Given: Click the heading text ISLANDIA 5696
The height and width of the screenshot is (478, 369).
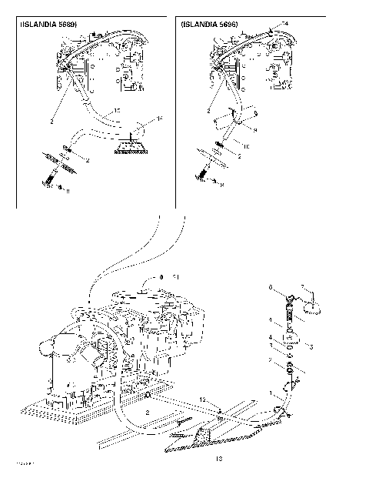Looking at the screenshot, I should point(210,25).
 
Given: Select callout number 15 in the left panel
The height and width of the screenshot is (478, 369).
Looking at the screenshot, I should point(117,112).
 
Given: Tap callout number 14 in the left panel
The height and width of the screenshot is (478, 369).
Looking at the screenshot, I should point(159,119).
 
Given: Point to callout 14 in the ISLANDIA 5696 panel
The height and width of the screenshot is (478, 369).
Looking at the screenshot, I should point(287,25).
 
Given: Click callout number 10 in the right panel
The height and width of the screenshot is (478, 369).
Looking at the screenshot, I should point(245,145).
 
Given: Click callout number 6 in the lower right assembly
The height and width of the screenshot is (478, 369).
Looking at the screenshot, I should point(271,287).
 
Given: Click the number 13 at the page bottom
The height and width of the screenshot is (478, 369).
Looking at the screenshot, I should point(218,460).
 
